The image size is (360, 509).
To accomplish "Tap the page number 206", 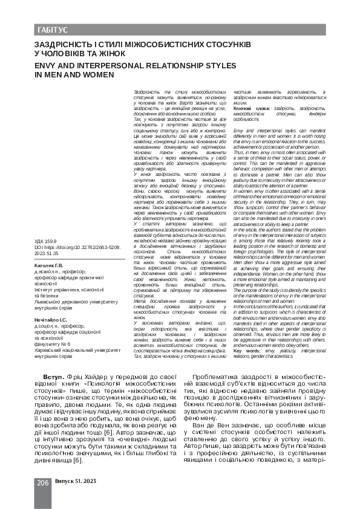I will pos(42,482).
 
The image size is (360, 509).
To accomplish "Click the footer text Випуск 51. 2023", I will pos(76,482).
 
